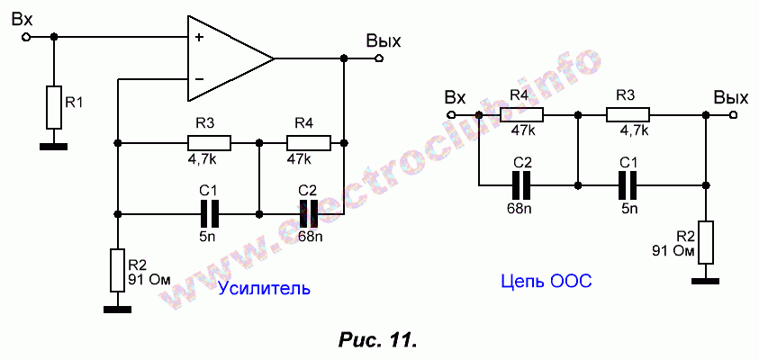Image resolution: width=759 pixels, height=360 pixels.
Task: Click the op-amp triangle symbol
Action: pos(225,58)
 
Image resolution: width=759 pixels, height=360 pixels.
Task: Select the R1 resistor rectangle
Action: pos(54,107)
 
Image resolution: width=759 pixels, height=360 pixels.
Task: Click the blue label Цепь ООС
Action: pos(545,283)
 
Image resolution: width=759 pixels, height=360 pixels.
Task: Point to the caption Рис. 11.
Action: pos(377,340)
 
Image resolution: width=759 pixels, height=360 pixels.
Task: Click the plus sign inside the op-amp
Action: pos(199,38)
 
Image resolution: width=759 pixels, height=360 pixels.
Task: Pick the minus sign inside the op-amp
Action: pos(199,80)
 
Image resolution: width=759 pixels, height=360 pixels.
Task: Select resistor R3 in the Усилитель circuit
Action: pos(209,142)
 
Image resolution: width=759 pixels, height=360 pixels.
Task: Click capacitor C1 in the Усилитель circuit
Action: pos(209,213)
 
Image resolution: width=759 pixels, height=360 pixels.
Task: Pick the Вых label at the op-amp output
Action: pos(383,41)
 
